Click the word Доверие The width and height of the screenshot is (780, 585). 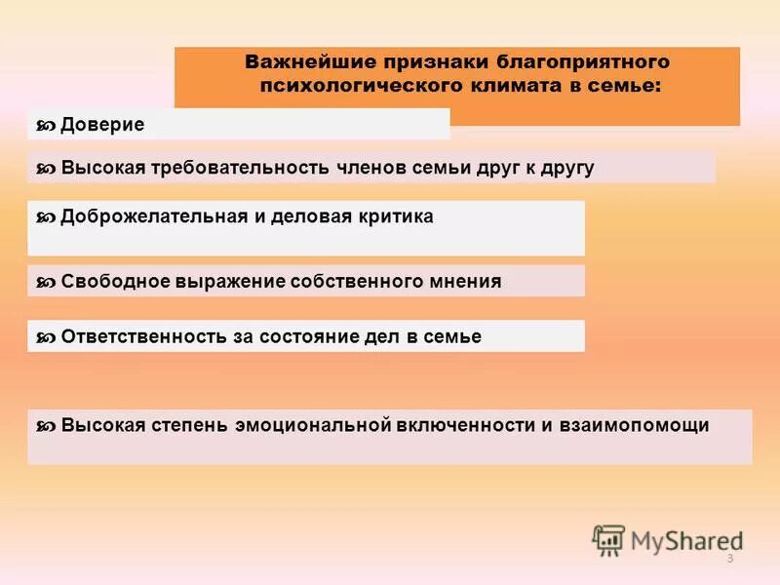tap(102, 125)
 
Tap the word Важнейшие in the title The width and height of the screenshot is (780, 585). tap(303, 61)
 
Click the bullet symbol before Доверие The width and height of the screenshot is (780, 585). tap(45, 126)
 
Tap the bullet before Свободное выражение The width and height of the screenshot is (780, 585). tap(45, 283)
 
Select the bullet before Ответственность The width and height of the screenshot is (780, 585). tap(45, 337)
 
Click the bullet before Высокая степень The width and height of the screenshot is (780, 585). tap(45, 426)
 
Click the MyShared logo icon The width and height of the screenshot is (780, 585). tap(609, 539)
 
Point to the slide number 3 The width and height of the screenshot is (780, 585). tap(729, 557)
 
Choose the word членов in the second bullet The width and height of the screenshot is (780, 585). tap(375, 168)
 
